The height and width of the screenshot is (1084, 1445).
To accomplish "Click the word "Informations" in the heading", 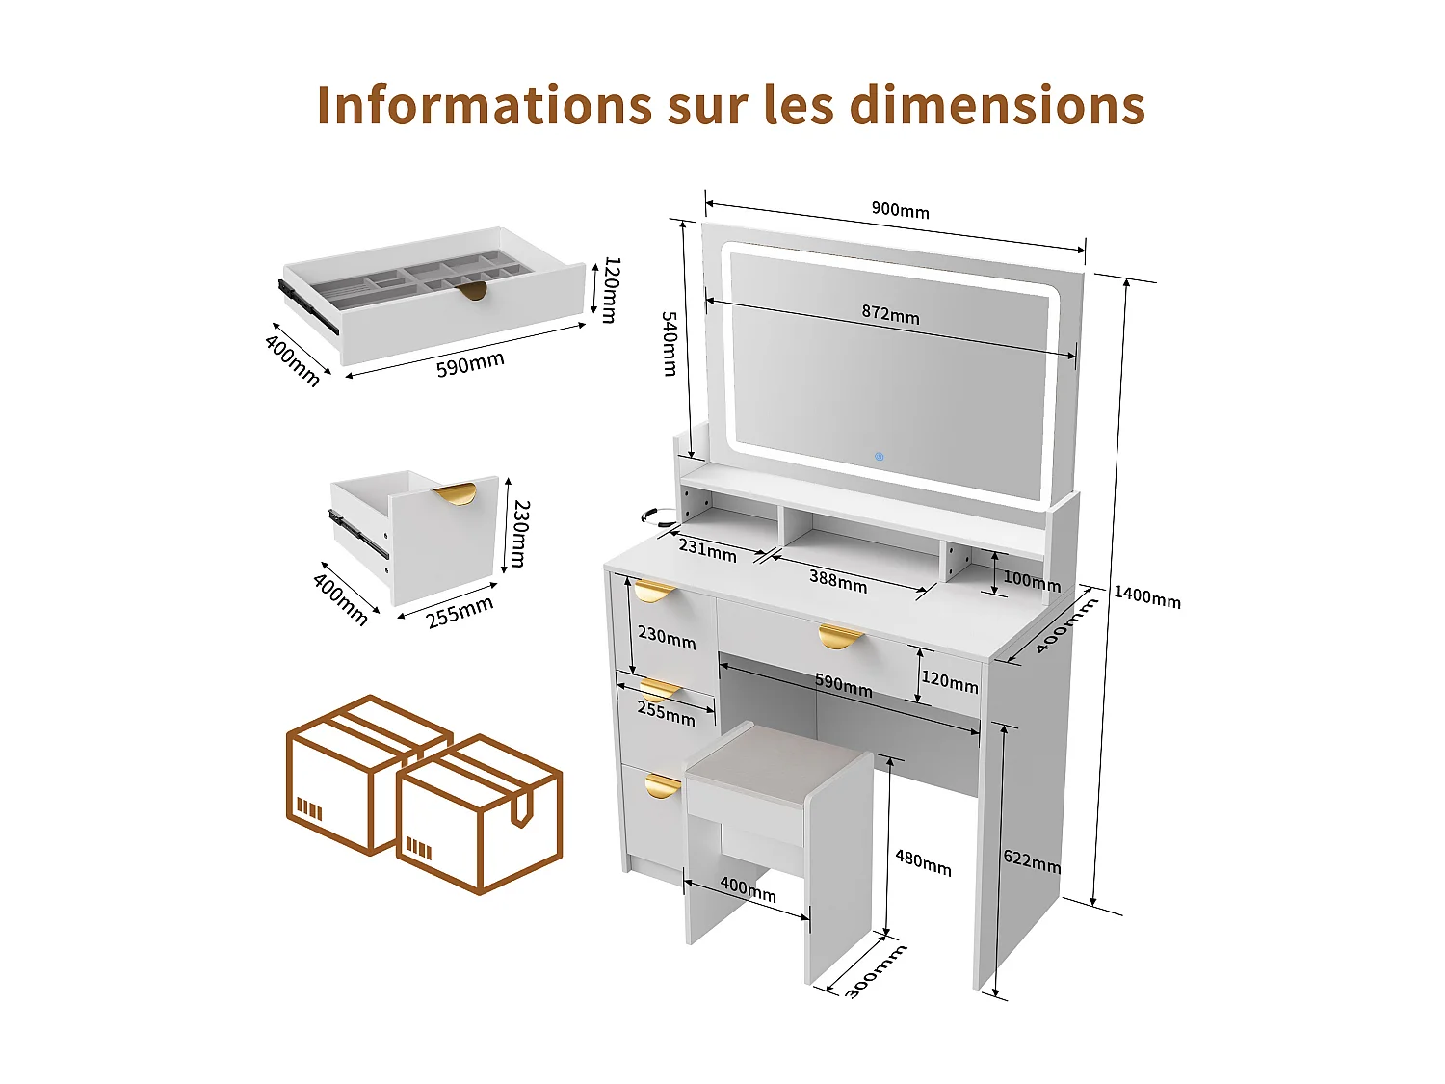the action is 484,105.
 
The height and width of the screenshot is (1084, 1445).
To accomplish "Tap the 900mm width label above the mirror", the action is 900,210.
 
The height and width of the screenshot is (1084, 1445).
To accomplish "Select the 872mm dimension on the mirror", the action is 890,315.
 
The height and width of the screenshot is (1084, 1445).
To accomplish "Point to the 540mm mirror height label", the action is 670,343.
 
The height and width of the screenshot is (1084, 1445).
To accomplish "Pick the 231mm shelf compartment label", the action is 707,549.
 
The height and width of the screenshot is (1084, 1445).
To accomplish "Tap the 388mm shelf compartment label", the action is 837,581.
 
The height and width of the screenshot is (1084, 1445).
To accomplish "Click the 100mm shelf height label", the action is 1031,580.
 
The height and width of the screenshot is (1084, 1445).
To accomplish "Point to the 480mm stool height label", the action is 923,862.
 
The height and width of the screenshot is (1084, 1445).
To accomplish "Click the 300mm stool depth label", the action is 876,971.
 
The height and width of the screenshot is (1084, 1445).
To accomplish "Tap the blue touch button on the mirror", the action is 879,456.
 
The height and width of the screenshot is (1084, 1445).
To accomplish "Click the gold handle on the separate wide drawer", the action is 472,291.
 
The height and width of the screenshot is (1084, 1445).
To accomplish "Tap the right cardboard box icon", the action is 479,814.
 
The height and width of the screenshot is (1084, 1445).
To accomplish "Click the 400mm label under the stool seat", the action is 748,889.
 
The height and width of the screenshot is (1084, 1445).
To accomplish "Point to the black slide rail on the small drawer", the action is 358,535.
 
